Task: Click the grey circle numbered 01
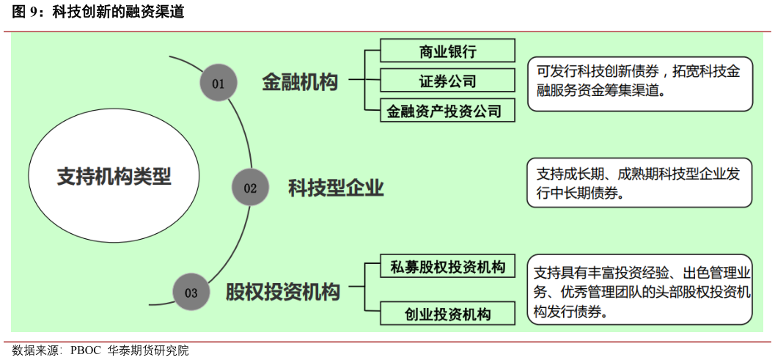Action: [x=218, y=83]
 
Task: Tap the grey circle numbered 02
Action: [x=250, y=188]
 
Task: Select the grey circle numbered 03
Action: [x=191, y=293]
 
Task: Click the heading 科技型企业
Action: [x=336, y=188]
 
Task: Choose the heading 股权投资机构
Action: [x=283, y=293]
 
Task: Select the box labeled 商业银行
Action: [x=447, y=51]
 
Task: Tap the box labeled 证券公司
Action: [x=447, y=81]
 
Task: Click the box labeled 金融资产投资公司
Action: [x=447, y=111]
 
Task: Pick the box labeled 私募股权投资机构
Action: [x=447, y=267]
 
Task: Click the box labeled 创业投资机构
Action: [x=447, y=315]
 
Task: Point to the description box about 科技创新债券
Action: [x=639, y=83]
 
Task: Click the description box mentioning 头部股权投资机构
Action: [x=639, y=293]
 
